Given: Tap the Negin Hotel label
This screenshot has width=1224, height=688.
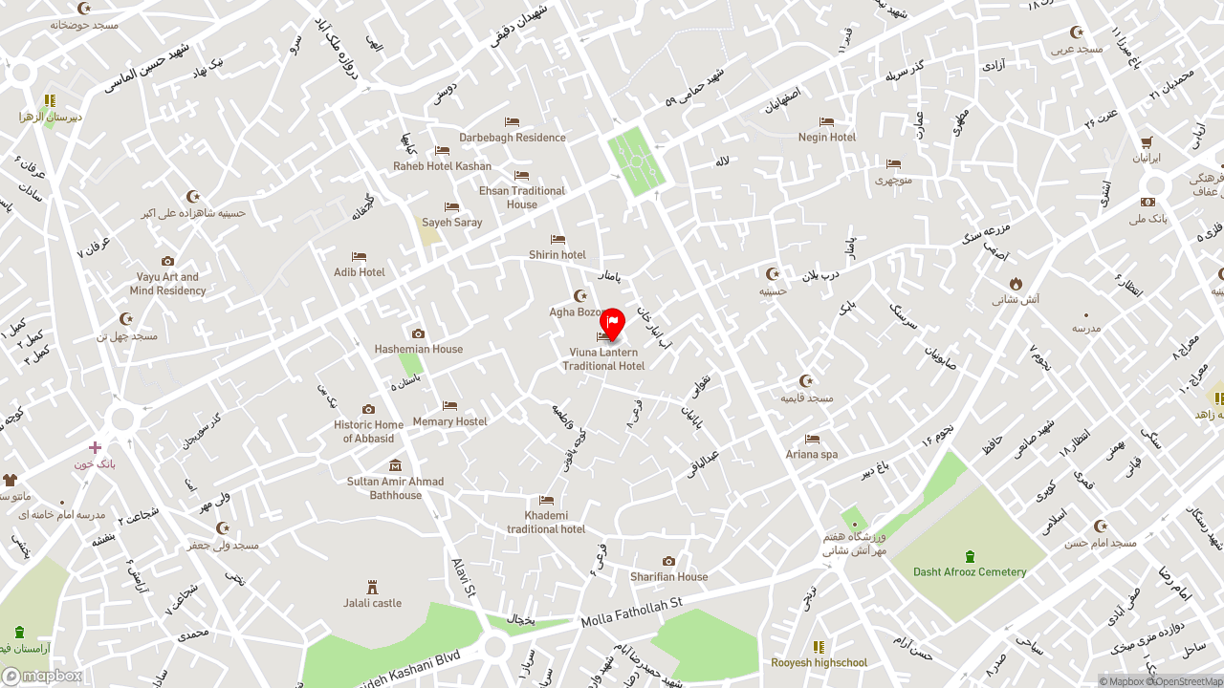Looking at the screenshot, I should pyautogui.click(x=827, y=138).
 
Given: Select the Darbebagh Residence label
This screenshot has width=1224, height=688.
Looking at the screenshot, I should pyautogui.click(x=513, y=138).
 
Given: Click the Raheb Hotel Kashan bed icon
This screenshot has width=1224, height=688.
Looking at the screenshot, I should pyautogui.click(x=442, y=151).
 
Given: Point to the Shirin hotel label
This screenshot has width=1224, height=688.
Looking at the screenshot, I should pyautogui.click(x=557, y=255).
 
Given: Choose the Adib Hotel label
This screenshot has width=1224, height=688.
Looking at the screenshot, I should pyautogui.click(x=360, y=272).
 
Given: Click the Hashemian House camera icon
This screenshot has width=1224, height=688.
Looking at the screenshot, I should pyautogui.click(x=418, y=333).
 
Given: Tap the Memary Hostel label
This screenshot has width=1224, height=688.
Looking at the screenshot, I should pyautogui.click(x=449, y=421).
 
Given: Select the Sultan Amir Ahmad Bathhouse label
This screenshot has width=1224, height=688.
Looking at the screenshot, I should pyautogui.click(x=395, y=488).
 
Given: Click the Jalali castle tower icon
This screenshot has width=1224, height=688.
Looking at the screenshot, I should pyautogui.click(x=373, y=587).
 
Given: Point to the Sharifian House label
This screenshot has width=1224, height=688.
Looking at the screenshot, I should pyautogui.click(x=668, y=577).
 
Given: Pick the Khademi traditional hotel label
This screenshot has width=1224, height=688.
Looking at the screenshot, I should pyautogui.click(x=546, y=523).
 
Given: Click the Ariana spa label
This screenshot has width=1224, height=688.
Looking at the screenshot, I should pyautogui.click(x=812, y=455).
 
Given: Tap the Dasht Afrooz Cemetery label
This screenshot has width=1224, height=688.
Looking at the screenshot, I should pyautogui.click(x=970, y=572).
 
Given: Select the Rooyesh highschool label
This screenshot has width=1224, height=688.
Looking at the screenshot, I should pyautogui.click(x=819, y=663).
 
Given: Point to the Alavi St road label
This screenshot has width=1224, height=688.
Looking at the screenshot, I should pyautogui.click(x=463, y=578).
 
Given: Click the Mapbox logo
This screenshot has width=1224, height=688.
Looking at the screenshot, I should pyautogui.click(x=41, y=677).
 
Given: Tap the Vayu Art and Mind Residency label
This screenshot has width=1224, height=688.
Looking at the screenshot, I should pyautogui.click(x=168, y=284).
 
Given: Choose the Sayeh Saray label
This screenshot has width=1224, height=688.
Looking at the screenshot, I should pyautogui.click(x=452, y=223).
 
